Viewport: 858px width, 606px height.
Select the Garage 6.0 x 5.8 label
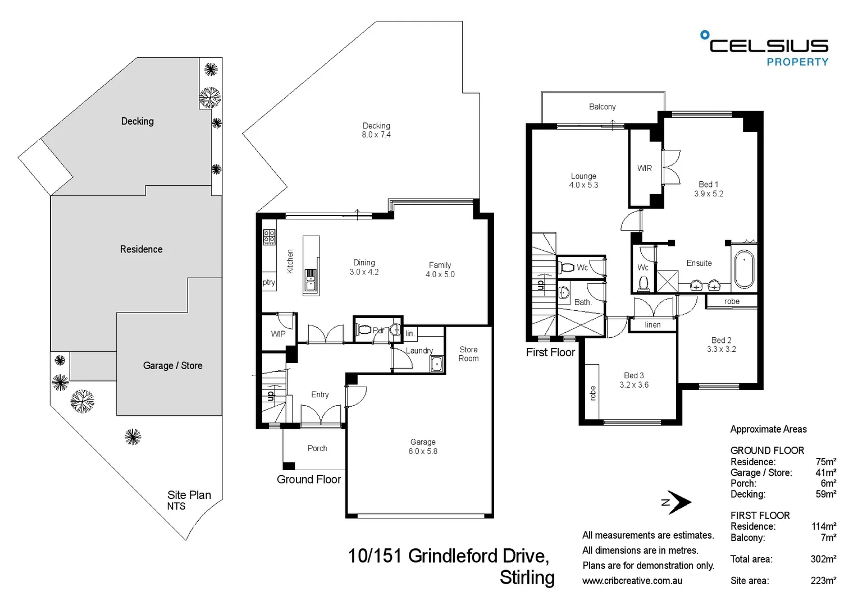pyautogui.click(x=423, y=447)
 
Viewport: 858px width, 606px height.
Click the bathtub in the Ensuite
pyautogui.click(x=745, y=269)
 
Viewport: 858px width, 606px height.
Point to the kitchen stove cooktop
pyautogui.click(x=270, y=237)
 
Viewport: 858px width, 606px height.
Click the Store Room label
pyautogui.click(x=468, y=354)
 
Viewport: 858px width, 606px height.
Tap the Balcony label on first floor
pyautogui.click(x=602, y=107)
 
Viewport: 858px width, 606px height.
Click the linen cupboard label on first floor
pyautogui.click(x=652, y=325)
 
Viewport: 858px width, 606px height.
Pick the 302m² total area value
pyautogui.click(x=823, y=559)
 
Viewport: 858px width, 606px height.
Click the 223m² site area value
pyautogui.click(x=823, y=581)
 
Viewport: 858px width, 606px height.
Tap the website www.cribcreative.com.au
pyautogui.click(x=632, y=581)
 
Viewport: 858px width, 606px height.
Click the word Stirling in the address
pyautogui.click(x=527, y=577)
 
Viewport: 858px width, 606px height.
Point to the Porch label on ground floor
pyautogui.click(x=317, y=448)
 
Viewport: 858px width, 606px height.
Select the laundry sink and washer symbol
pyautogui.click(x=437, y=365)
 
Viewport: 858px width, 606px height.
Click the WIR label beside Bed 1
pyautogui.click(x=645, y=168)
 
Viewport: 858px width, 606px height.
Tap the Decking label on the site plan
pyautogui.click(x=137, y=121)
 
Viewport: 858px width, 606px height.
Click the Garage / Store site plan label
pyautogui.click(x=172, y=366)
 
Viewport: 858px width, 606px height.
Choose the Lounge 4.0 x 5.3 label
pyautogui.click(x=583, y=181)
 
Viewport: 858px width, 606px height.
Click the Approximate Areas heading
pyautogui.click(x=768, y=429)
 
